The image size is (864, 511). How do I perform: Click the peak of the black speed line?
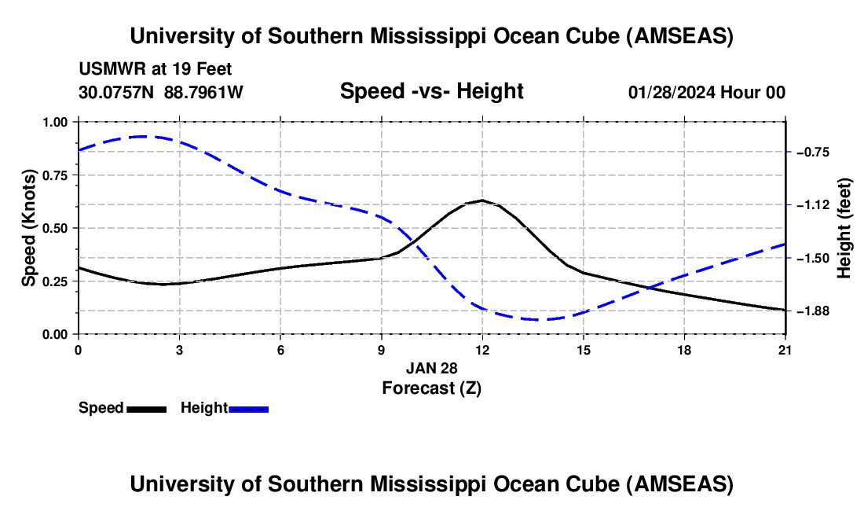coord(481,200)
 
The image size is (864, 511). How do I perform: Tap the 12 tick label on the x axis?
coord(482,349)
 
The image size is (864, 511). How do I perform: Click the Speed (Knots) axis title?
coord(28,228)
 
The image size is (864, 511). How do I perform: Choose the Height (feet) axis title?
coord(844,228)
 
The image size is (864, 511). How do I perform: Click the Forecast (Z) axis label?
coord(431,388)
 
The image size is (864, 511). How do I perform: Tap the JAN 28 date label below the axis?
coord(431,368)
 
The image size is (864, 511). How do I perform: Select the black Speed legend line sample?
coord(146,408)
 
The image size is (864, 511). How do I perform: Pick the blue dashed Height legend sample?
coord(248,408)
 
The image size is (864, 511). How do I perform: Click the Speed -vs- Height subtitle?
coord(431,91)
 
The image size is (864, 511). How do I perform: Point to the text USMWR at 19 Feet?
coord(155,69)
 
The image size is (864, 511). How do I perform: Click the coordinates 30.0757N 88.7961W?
coord(161,92)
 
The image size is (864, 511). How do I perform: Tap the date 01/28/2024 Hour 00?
coord(706,92)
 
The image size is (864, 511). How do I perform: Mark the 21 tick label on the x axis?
coord(785,349)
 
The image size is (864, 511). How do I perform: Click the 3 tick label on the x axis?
coord(179,349)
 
